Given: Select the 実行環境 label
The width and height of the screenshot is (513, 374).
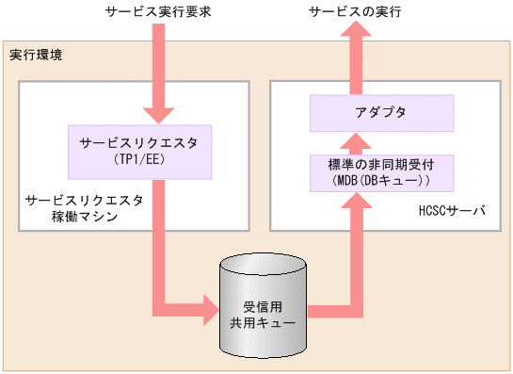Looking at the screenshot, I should pyautogui.click(x=37, y=56).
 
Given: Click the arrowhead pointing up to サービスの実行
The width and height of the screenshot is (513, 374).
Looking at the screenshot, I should pyautogui.click(x=355, y=37).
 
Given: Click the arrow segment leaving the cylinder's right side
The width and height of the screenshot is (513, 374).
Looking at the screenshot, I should pyautogui.click(x=329, y=308).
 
